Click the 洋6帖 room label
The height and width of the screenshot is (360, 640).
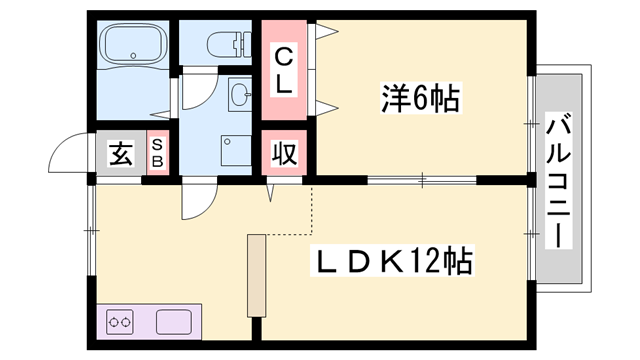coord(420,99)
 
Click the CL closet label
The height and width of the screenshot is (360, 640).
coord(284,68)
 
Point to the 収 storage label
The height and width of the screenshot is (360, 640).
coord(283,155)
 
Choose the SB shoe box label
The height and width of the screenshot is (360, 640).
coord(158,154)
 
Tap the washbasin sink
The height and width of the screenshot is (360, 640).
coord(241,96)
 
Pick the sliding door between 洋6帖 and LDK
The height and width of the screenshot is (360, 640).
coord(420,181)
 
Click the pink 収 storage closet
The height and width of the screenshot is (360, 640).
coord(283,155)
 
